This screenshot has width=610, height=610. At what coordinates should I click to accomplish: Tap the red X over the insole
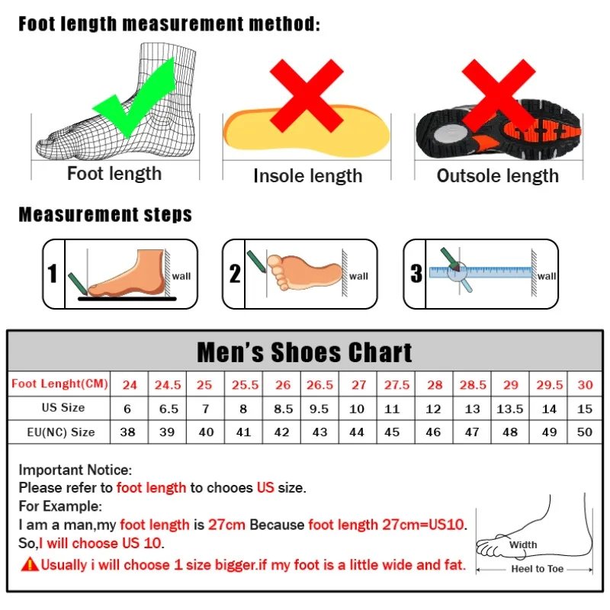point(307,95)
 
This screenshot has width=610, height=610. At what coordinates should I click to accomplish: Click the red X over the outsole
point(499,95)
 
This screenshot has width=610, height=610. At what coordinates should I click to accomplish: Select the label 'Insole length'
point(307,176)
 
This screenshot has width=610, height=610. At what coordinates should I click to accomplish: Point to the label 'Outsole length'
point(497,176)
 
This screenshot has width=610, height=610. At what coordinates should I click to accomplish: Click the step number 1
point(53,274)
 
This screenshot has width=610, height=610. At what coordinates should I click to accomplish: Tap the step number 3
point(416,274)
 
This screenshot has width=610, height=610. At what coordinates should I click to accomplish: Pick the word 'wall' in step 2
point(358,276)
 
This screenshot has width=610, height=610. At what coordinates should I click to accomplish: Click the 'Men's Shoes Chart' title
point(304,352)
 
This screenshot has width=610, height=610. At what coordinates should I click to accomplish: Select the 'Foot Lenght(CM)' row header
point(59,384)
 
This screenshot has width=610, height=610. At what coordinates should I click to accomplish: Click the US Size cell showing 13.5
point(510,409)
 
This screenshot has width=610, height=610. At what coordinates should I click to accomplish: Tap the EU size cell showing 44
point(358,432)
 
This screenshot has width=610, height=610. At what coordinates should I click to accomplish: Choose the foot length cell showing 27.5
point(396,384)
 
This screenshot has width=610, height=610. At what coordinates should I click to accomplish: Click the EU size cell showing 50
point(585,432)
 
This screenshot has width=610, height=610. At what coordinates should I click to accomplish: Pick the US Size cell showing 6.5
point(169,409)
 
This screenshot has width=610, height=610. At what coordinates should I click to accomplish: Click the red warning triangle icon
point(30,565)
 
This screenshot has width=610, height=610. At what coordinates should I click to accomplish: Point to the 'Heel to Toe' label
point(538,570)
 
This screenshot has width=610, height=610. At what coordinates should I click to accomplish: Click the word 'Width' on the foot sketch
point(523,544)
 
